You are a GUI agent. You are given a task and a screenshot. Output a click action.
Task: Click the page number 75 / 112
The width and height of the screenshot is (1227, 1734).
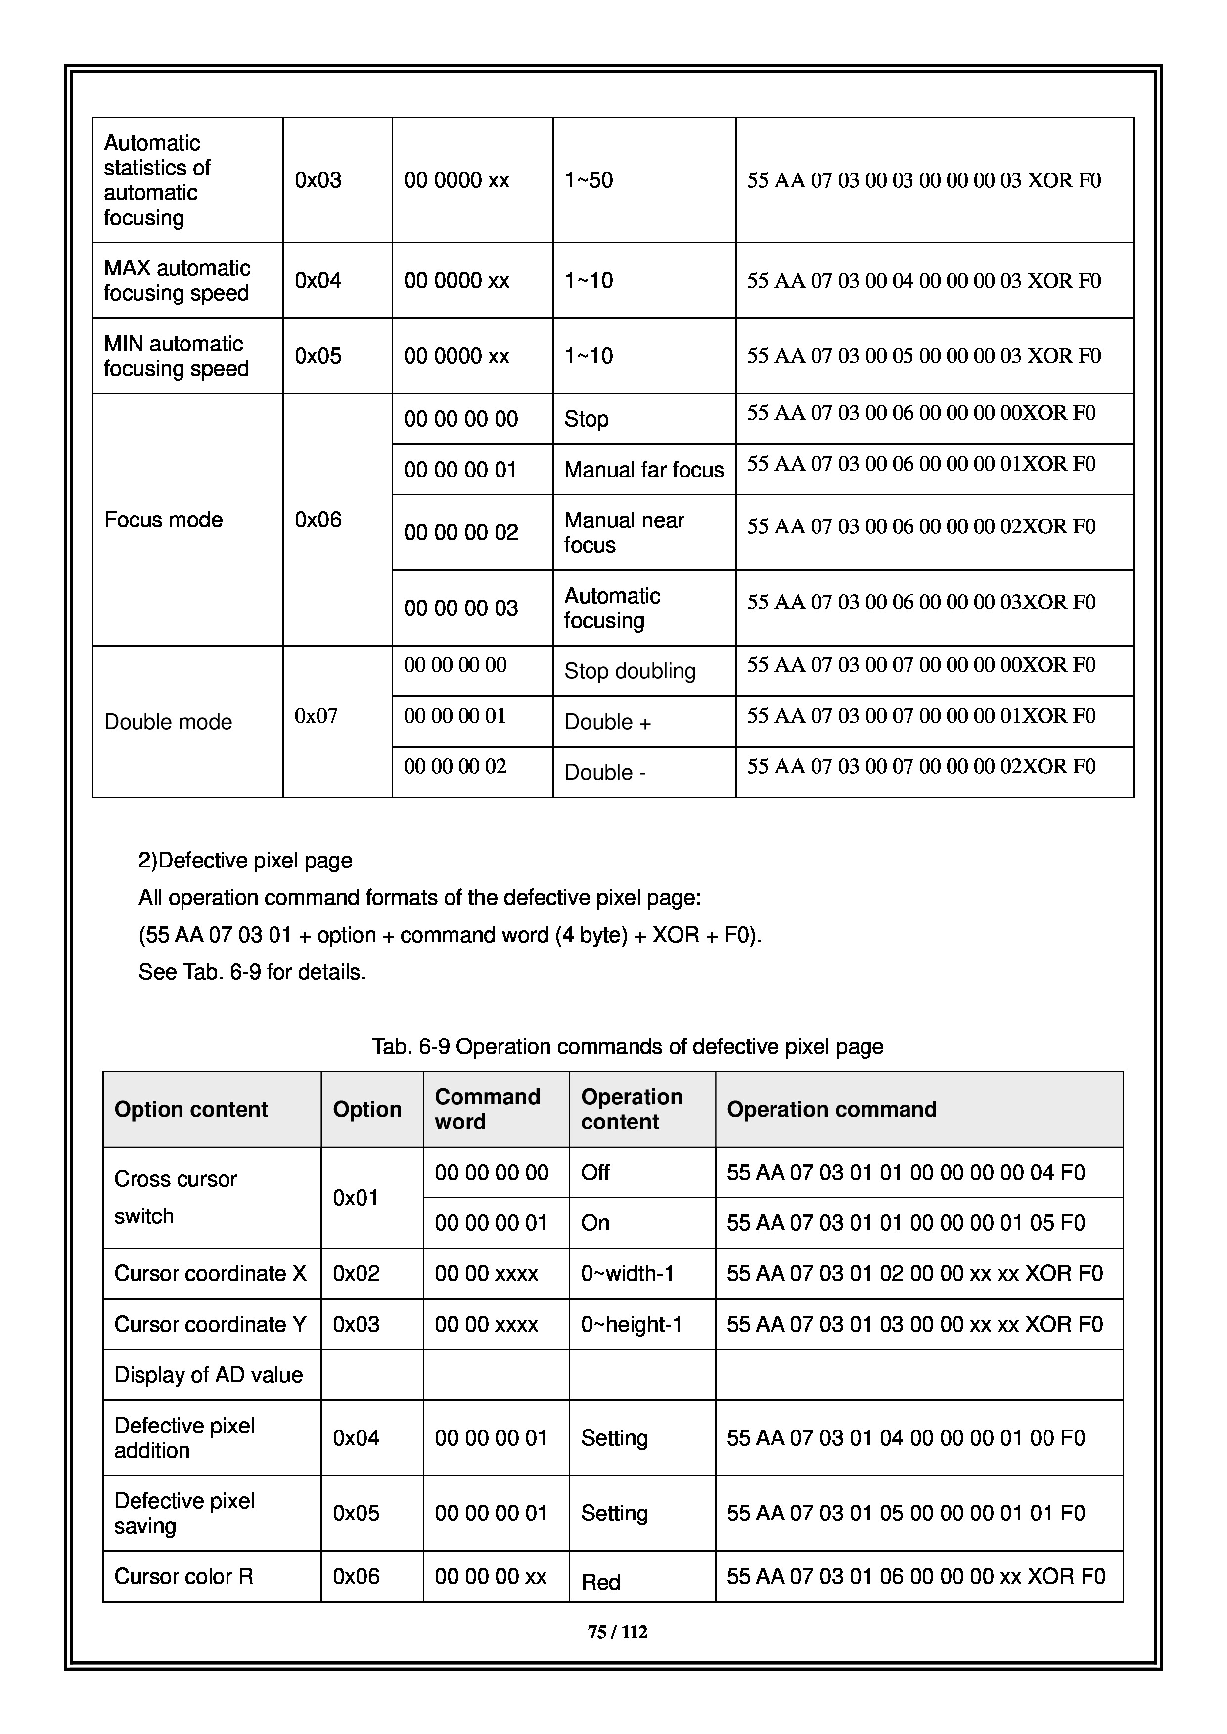click(x=617, y=1632)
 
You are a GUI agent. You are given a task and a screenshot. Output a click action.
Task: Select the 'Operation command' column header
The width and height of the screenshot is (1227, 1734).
click(x=831, y=1109)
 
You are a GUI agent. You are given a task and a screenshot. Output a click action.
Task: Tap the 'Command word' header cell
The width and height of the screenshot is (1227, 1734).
click(x=487, y=1109)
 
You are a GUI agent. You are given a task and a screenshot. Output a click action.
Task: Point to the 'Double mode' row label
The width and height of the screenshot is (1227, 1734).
click(x=168, y=722)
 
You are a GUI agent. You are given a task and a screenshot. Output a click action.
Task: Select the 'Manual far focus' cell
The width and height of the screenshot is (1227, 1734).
click(x=644, y=470)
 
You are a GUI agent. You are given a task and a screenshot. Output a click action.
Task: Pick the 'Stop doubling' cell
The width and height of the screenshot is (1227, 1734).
click(x=630, y=671)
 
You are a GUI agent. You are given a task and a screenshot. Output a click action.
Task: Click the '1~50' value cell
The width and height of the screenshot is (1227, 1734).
click(x=589, y=180)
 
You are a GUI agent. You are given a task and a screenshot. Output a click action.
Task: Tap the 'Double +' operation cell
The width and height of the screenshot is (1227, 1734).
click(x=607, y=722)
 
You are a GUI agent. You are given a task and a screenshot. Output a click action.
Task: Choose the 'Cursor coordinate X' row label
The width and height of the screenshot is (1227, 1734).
click(x=210, y=1273)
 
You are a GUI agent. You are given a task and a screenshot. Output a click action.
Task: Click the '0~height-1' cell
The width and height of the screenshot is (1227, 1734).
click(x=632, y=1324)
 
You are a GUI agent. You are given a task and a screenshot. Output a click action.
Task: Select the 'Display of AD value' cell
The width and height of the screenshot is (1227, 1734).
click(x=209, y=1375)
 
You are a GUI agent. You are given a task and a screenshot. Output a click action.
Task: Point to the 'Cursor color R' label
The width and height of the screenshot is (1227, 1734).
click(x=183, y=1576)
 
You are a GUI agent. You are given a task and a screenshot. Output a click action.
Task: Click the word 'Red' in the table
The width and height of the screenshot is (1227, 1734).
click(x=601, y=1581)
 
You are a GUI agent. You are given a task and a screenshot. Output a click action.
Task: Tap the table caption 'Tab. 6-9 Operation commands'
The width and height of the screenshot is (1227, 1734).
click(x=627, y=1047)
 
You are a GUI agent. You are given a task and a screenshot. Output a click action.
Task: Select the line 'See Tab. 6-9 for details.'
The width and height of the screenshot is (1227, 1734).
click(x=252, y=972)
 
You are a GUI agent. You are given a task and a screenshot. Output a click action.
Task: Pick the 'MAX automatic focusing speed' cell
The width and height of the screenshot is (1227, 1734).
click(x=177, y=280)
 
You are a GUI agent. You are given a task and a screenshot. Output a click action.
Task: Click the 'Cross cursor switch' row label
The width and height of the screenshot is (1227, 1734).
click(x=175, y=1197)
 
